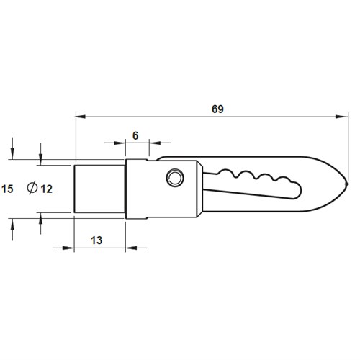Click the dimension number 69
pos(218,109)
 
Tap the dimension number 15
pos(7,189)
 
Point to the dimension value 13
pos(100,238)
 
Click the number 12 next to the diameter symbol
pos(46,189)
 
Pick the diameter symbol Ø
pos(32,189)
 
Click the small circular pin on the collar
pos(174,177)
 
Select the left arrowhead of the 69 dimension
pos(79,115)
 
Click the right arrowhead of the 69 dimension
pos(343,115)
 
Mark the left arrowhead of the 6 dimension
pos(122,143)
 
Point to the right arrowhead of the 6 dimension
pos(153,143)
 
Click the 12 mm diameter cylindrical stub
pos(100,189)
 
